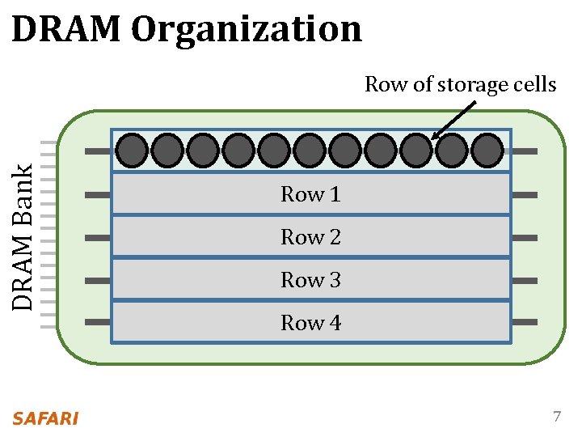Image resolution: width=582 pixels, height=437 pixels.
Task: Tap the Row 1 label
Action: pyautogui.click(x=310, y=194)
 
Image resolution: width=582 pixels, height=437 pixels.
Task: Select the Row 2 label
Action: pyautogui.click(x=310, y=237)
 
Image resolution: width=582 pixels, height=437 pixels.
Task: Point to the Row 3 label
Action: pyautogui.click(x=310, y=280)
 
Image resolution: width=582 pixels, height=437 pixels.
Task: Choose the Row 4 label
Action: pyautogui.click(x=310, y=323)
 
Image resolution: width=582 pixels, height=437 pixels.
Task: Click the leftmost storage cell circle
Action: pyautogui.click(x=132, y=151)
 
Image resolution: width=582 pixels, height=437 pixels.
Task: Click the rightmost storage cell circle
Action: pyautogui.click(x=487, y=151)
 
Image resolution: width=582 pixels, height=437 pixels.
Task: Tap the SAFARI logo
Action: pyautogui.click(x=45, y=418)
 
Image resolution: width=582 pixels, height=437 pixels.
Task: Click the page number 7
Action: pyautogui.click(x=556, y=418)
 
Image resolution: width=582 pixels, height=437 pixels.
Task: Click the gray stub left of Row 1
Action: pyautogui.click(x=97, y=195)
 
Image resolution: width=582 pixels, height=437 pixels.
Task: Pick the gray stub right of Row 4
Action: pyautogui.click(x=525, y=321)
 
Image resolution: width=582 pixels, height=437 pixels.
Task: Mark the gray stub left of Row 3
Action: pyautogui.click(x=97, y=280)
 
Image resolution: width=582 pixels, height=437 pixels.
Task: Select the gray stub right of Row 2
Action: pyautogui.click(x=525, y=238)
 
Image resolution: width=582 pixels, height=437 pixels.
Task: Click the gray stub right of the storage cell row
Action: pyautogui.click(x=525, y=151)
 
